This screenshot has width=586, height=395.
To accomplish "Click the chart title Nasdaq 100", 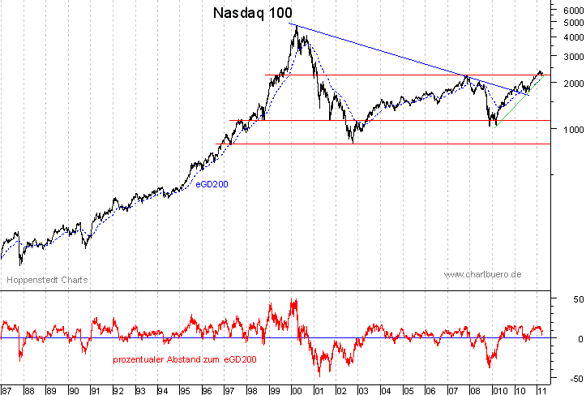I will tap(252, 13).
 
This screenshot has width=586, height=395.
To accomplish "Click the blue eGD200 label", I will tap(212, 184).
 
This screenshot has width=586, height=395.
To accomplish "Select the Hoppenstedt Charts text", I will tap(47, 280).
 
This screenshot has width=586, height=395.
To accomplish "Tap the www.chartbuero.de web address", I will tap(482, 275).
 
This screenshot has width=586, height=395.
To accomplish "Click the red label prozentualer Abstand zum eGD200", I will tap(185, 359).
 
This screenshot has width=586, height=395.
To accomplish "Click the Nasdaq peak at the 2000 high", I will tap(296, 26).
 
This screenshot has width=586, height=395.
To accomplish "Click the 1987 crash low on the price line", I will tap(20, 264).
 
